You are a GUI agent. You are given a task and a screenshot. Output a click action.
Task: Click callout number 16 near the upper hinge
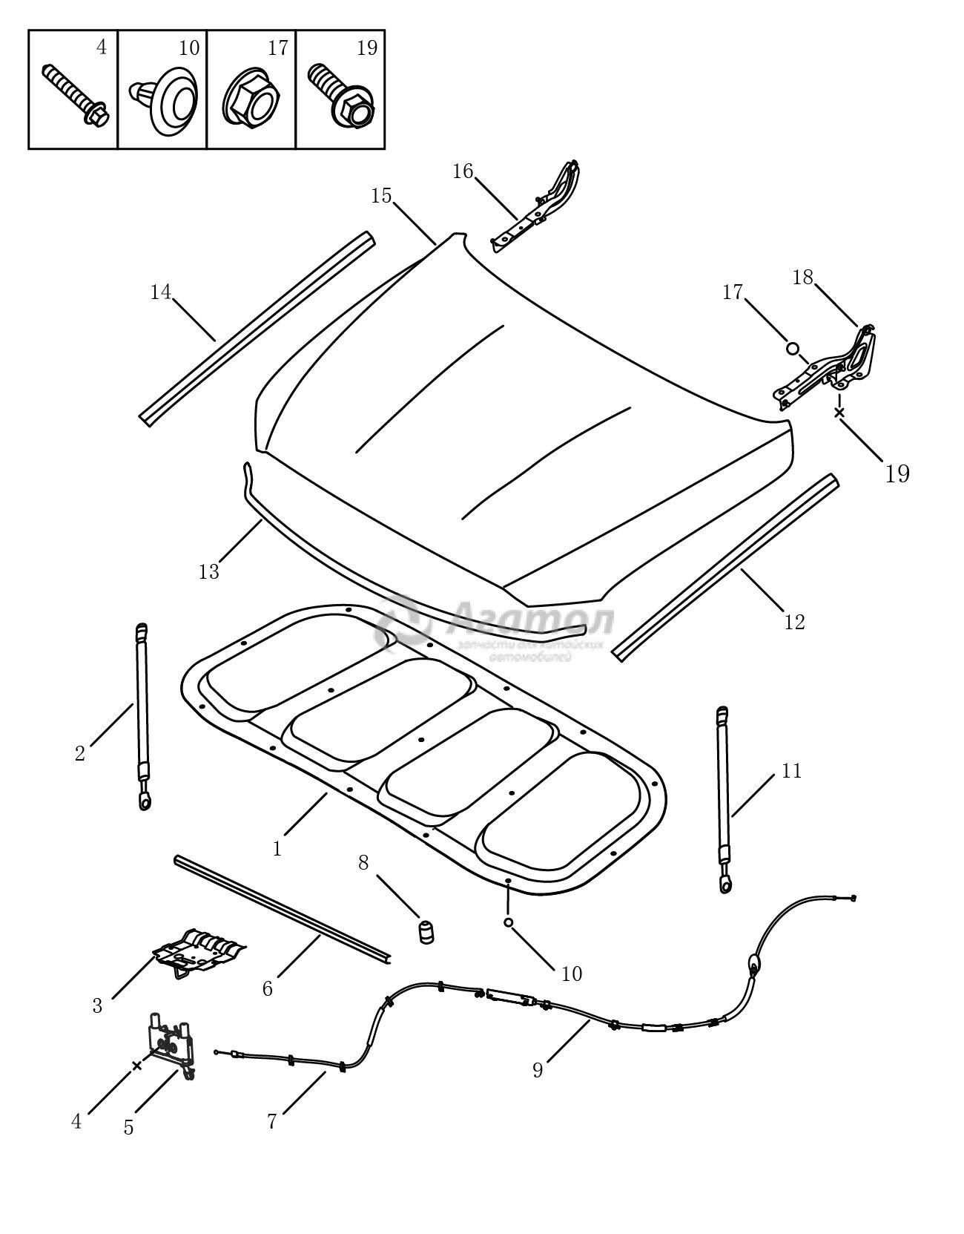click(463, 171)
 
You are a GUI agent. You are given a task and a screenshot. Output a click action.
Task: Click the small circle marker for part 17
click(792, 348)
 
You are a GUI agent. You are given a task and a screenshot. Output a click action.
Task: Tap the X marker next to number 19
click(839, 412)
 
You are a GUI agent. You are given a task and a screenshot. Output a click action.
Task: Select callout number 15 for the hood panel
click(381, 196)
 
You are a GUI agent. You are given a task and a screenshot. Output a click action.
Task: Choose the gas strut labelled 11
click(723, 798)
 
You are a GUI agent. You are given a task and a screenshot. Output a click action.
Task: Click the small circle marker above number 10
click(508, 922)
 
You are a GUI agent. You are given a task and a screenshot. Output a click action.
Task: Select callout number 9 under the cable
click(538, 1071)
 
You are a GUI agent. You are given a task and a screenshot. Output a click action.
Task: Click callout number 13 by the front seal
click(209, 572)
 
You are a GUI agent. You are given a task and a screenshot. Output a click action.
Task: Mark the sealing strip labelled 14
click(256, 329)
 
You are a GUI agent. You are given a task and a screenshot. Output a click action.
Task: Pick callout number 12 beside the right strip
click(794, 622)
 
